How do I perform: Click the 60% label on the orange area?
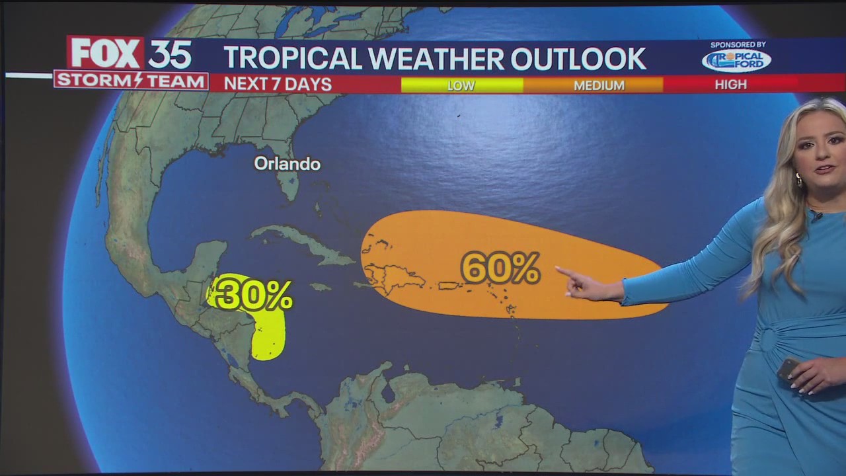[500, 268]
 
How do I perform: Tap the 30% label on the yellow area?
[253, 295]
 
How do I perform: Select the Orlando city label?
[287, 164]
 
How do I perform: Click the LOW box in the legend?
[461, 85]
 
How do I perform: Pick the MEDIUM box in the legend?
[599, 85]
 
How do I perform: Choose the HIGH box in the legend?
[730, 85]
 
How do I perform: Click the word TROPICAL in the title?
[293, 59]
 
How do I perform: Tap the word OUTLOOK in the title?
[578, 59]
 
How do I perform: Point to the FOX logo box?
[106, 54]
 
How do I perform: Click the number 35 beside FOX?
[170, 54]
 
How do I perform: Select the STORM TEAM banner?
[131, 81]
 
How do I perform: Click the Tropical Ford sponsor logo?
[736, 61]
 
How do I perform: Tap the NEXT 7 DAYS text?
[278, 85]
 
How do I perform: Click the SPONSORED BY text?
[738, 44]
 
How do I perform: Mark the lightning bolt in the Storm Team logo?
[139, 81]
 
